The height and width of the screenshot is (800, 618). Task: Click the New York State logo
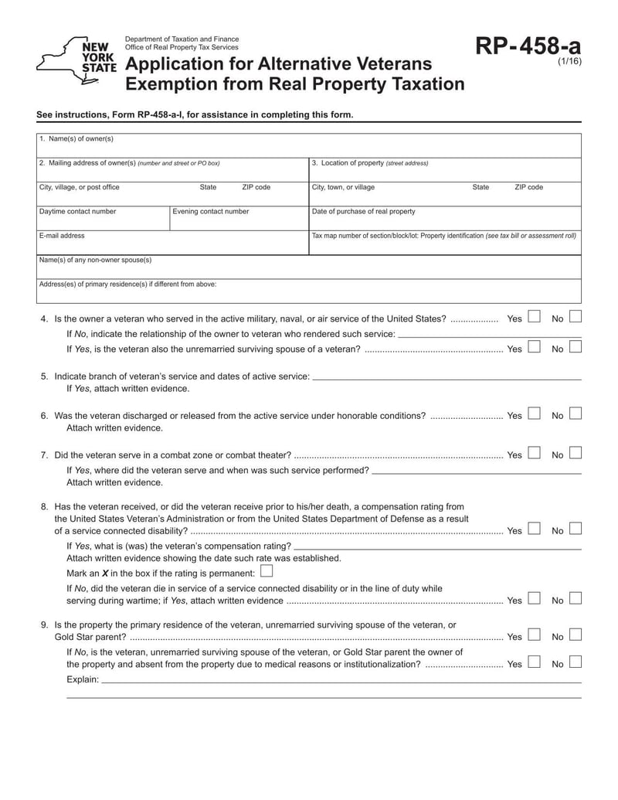(x=76, y=56)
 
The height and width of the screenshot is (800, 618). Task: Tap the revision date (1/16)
(x=569, y=64)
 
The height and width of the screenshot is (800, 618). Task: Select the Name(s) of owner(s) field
(x=309, y=148)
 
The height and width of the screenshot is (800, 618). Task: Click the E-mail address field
(x=172, y=244)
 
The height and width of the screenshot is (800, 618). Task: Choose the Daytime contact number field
(x=103, y=220)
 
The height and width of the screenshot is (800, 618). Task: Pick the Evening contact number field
(x=238, y=220)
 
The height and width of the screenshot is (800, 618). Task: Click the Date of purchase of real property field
(x=444, y=220)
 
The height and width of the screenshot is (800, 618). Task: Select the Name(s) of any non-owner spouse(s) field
(x=309, y=269)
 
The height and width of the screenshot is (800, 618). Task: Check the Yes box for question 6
(x=534, y=414)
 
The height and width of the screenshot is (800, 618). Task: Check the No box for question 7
(x=576, y=454)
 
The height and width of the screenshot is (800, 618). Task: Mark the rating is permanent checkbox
(x=267, y=572)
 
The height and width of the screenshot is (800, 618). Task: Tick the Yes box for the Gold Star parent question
(x=534, y=635)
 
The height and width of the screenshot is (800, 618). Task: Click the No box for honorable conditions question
(x=576, y=414)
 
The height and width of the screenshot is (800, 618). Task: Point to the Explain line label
(x=83, y=679)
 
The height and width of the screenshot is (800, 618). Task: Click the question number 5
(x=44, y=376)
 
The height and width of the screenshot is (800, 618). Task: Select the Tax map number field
(x=444, y=244)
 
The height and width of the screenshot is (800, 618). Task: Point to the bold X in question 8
(x=105, y=574)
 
